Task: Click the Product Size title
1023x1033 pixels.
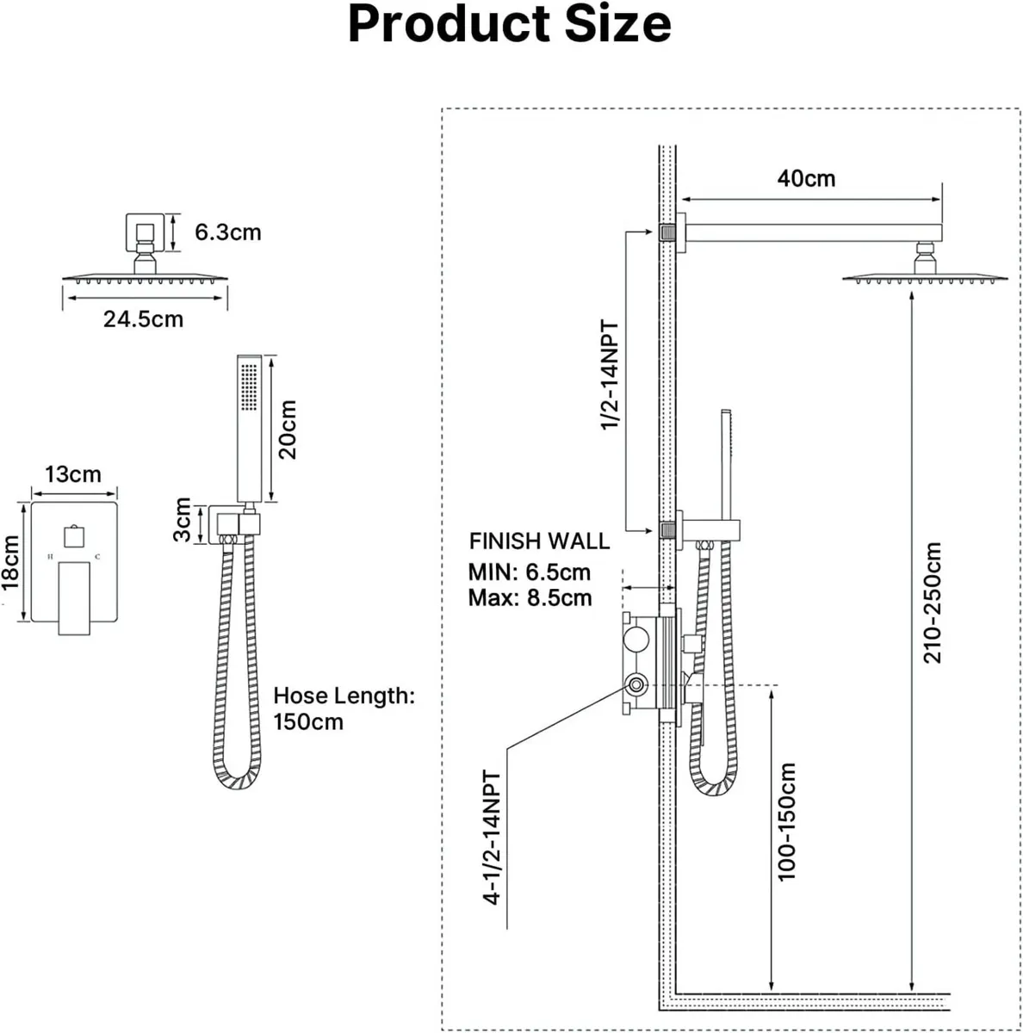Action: point(510,25)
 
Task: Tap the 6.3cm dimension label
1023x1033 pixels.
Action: point(227,232)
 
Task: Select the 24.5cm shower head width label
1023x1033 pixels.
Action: point(143,319)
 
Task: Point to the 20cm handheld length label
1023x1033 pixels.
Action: point(288,429)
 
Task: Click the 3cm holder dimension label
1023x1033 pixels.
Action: point(183,521)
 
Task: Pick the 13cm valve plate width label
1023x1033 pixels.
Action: point(73,474)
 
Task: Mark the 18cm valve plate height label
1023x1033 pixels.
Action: point(11,563)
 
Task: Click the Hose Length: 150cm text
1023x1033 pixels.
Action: point(344,708)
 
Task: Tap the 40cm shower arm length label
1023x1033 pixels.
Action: point(806,178)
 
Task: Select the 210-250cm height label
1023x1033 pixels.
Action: point(933,603)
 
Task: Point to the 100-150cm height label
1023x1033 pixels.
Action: point(785,822)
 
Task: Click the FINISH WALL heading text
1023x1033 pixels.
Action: point(539,541)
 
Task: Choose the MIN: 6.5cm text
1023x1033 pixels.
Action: point(530,572)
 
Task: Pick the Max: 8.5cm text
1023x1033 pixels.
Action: point(530,598)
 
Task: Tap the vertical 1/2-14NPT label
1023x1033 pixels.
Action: point(610,376)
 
